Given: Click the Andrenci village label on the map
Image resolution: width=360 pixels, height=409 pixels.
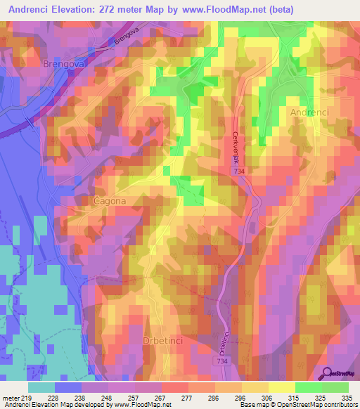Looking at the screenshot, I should tap(309, 112).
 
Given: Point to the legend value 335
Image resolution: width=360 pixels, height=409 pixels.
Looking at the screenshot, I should tap(347, 398).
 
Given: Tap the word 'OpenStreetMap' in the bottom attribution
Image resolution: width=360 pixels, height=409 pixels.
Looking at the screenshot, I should tap(290, 405).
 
